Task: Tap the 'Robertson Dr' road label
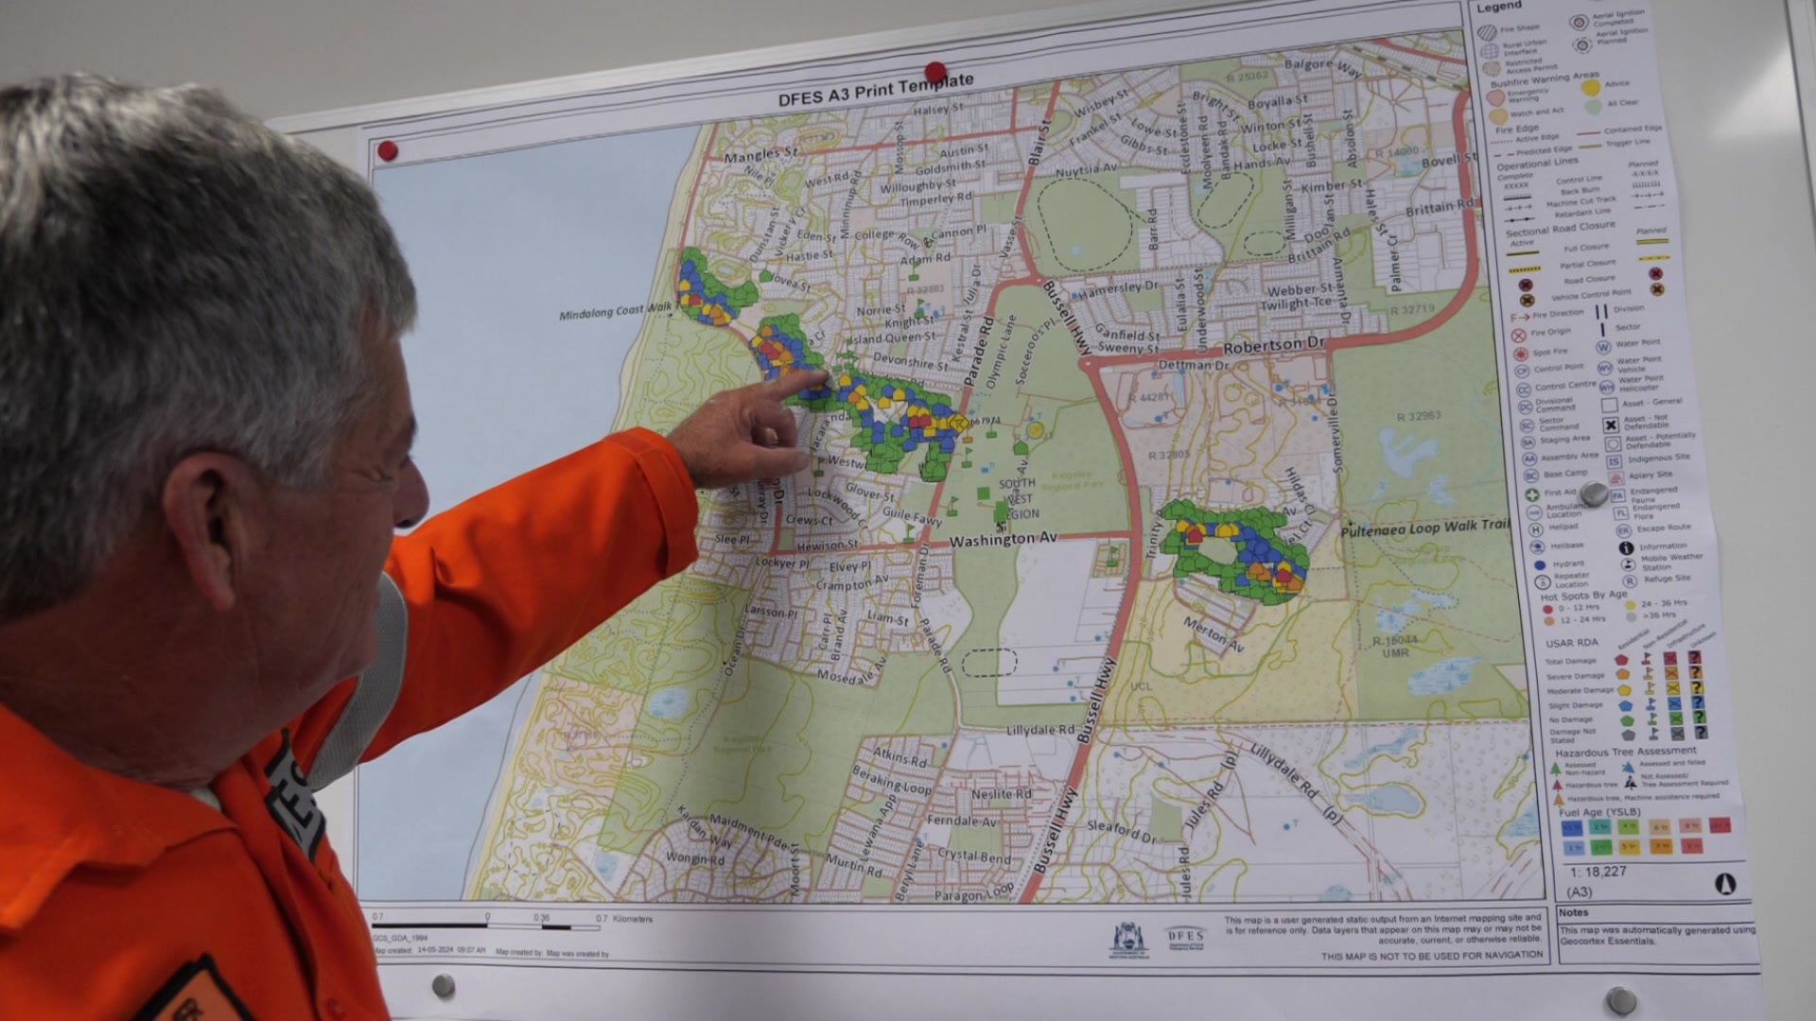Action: tap(1275, 346)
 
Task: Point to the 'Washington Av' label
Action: tap(1003, 540)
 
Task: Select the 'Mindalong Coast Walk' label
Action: tap(615, 311)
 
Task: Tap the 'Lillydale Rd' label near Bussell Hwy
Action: tap(1040, 731)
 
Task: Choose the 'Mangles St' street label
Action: tap(760, 153)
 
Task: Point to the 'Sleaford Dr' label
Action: tap(1121, 831)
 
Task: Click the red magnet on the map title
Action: tap(935, 72)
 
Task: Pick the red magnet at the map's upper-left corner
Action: tap(387, 151)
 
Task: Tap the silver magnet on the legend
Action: tap(1594, 493)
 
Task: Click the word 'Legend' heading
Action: tap(1499, 8)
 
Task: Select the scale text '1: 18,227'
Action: tap(1598, 872)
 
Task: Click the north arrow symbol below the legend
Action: tap(1724, 884)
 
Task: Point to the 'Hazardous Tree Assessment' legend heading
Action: tap(1625, 752)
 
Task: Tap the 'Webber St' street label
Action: tap(1300, 290)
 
